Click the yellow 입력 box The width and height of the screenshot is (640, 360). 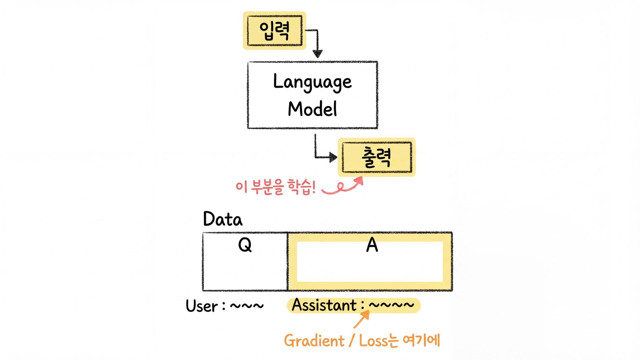click(x=274, y=31)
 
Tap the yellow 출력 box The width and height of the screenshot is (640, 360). click(x=377, y=157)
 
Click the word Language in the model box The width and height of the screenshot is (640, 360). click(x=312, y=82)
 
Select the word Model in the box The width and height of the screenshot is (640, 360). click(x=312, y=109)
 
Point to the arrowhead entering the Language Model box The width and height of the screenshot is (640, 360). click(x=317, y=53)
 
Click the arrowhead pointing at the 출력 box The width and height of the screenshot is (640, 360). click(x=333, y=157)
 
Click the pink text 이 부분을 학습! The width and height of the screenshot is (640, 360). click(x=275, y=188)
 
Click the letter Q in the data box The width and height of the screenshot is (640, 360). click(x=245, y=245)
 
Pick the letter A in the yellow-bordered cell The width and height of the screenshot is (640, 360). click(x=372, y=245)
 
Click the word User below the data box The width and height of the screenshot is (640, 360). click(x=202, y=306)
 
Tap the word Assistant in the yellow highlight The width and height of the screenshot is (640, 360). click(x=324, y=305)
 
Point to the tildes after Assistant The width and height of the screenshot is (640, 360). click(x=391, y=305)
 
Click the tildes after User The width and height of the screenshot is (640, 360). click(x=247, y=306)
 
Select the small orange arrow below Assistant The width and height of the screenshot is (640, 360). click(x=362, y=320)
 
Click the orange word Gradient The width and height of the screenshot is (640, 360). click(x=314, y=341)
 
